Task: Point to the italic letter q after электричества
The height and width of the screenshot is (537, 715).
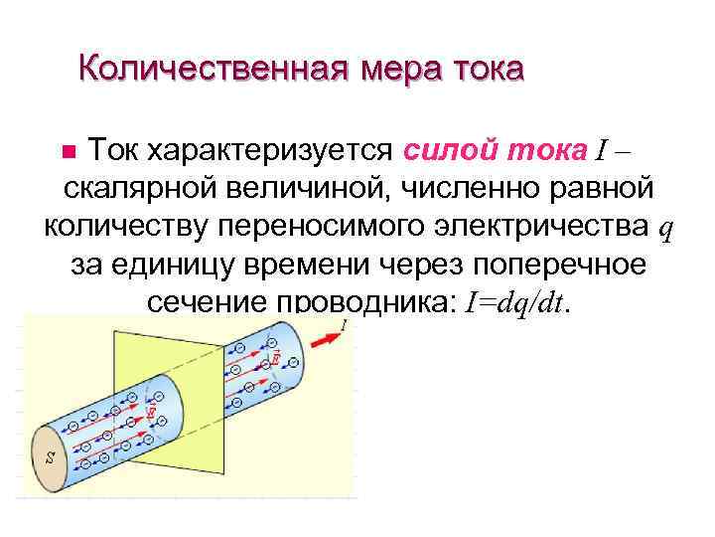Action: [665, 230]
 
